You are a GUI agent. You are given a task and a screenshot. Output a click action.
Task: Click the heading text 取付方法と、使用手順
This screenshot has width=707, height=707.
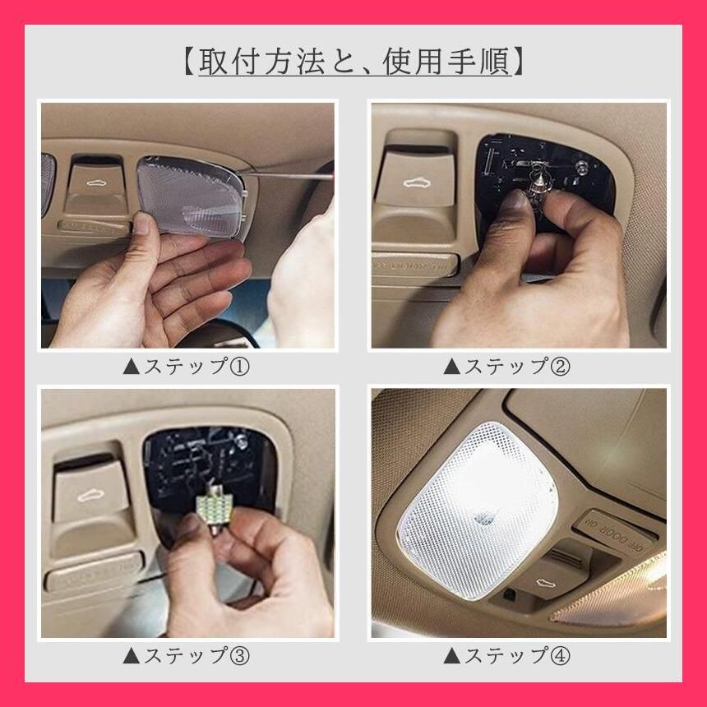click(355, 61)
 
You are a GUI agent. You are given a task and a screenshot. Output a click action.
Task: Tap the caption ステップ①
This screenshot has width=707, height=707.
click(196, 366)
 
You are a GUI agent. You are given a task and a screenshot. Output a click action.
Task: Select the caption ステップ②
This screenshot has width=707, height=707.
click(517, 366)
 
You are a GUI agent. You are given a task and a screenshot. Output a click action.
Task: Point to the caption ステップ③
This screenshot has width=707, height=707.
click(196, 655)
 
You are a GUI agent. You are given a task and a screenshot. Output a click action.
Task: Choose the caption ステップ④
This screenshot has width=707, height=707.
click(517, 655)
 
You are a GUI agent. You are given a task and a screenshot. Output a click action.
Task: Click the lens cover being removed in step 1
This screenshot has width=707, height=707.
click(192, 195)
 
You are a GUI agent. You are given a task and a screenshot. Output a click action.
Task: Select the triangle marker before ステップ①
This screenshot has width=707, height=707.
click(132, 367)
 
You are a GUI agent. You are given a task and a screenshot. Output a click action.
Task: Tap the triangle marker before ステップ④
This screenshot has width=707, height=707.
click(452, 655)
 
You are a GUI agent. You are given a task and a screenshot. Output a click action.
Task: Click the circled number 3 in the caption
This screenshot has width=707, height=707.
click(240, 655)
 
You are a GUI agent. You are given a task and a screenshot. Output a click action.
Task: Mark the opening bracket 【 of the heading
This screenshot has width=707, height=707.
click(190, 61)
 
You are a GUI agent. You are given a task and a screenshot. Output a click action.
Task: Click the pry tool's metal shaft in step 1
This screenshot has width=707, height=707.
click(289, 174)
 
